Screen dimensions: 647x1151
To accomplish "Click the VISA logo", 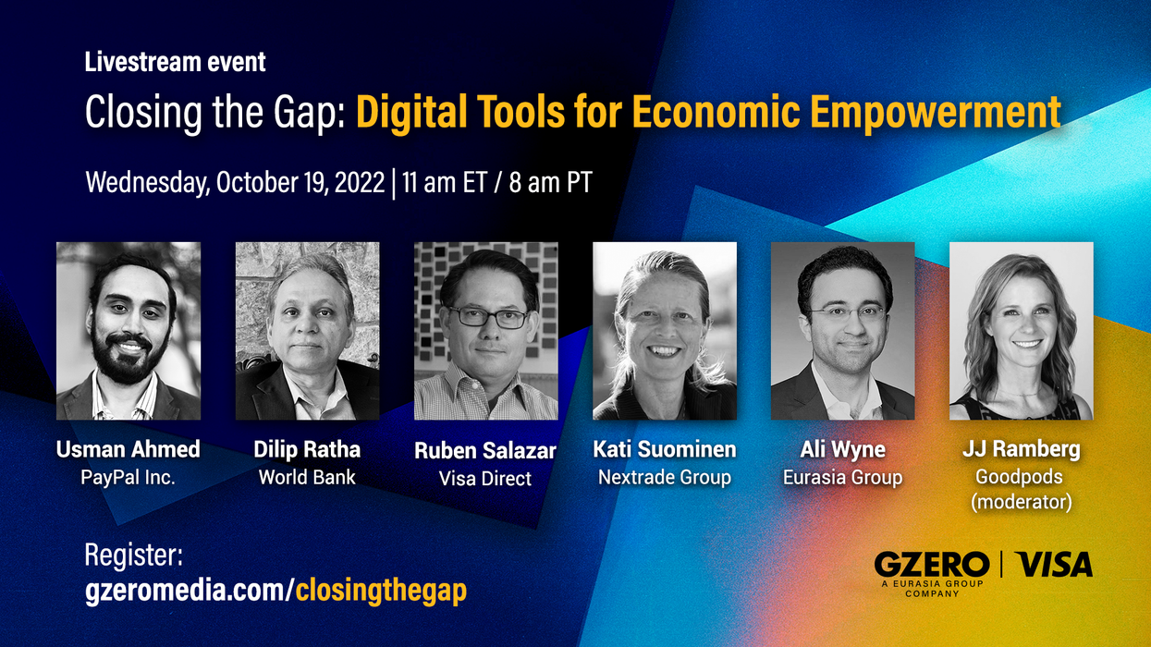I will click(1053, 564).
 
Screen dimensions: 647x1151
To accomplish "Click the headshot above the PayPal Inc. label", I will click(129, 331).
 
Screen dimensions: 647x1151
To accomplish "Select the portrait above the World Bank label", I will click(307, 331).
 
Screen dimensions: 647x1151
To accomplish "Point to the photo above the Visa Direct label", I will click(485, 331).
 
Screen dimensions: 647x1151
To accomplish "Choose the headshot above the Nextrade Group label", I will click(665, 331).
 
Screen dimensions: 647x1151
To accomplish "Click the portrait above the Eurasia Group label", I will click(842, 331).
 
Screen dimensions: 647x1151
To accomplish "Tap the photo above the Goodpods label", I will click(1021, 331).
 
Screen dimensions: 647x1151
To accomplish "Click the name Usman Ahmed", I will click(129, 450).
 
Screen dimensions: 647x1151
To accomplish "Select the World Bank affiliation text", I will click(307, 478).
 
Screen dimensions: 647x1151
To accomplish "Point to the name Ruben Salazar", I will click(485, 451).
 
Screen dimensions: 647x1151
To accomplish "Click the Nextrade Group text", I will click(665, 478).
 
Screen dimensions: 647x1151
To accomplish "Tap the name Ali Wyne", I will click(842, 450).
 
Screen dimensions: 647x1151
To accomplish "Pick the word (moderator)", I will click(1021, 503).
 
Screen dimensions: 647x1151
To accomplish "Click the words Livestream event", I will click(176, 63).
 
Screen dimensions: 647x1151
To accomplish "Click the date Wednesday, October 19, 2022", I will click(235, 182).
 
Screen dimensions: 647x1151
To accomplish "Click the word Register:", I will click(134, 555).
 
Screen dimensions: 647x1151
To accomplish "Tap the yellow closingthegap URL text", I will click(381, 591).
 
